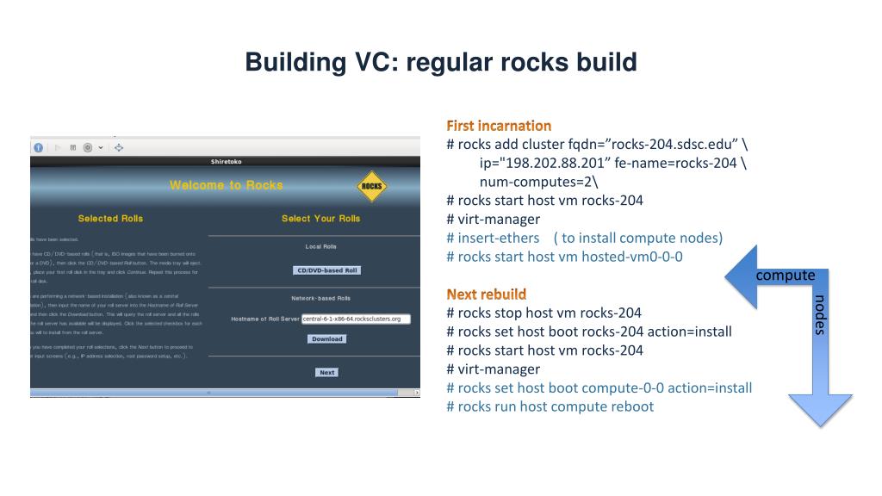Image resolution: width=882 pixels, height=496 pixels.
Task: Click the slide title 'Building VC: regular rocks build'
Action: click(x=440, y=62)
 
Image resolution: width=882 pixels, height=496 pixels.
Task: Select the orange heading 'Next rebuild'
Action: click(x=486, y=294)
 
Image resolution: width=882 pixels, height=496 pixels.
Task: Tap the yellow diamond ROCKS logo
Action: click(x=371, y=186)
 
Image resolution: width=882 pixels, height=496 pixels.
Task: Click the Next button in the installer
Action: click(x=326, y=373)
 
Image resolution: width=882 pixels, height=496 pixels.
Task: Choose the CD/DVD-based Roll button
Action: click(x=326, y=270)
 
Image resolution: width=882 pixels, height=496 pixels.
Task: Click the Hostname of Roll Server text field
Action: click(x=356, y=319)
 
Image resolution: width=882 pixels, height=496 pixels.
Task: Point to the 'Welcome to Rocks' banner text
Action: click(x=226, y=185)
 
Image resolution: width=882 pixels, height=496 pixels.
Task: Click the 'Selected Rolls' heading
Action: click(x=110, y=219)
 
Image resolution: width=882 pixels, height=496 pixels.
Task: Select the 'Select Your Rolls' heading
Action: click(x=320, y=219)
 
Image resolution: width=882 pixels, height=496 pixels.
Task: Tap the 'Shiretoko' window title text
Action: click(x=226, y=162)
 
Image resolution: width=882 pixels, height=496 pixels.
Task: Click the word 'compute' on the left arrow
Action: click(x=785, y=276)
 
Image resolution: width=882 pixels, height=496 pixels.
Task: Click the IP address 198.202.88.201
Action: click(x=530, y=163)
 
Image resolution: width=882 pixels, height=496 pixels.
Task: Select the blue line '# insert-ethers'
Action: click(x=493, y=238)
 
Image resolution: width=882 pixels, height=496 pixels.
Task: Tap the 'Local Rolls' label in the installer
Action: click(x=320, y=247)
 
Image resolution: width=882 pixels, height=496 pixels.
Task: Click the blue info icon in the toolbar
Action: click(x=39, y=147)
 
